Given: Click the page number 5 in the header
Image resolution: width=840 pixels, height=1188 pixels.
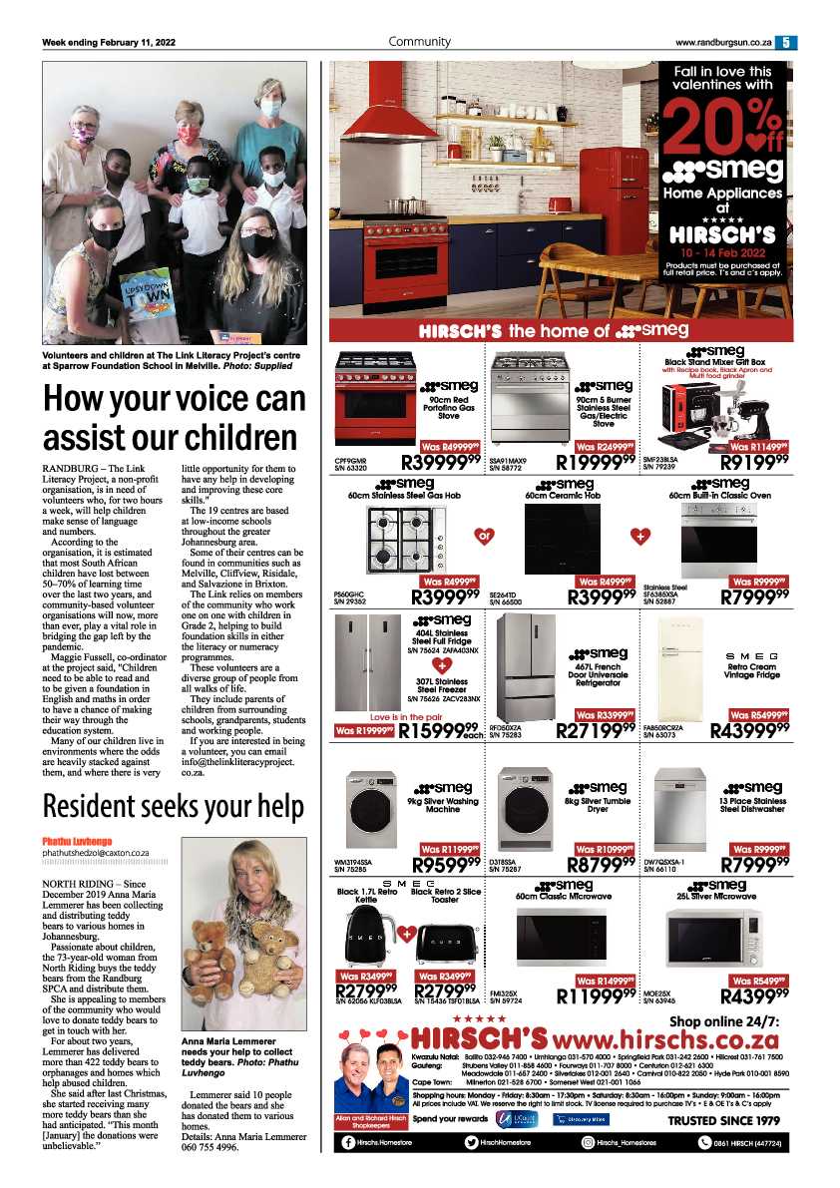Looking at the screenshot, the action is pyautogui.click(x=786, y=42).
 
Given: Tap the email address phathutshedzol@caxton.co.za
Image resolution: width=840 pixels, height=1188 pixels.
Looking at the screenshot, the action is pyautogui.click(x=96, y=854).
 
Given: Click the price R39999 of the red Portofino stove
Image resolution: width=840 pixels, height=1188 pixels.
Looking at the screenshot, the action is pyautogui.click(x=441, y=462).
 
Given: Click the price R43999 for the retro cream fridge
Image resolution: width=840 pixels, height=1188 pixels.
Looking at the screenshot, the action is pyautogui.click(x=750, y=731).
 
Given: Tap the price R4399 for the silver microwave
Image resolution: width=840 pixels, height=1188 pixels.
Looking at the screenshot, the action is pyautogui.click(x=755, y=993).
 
